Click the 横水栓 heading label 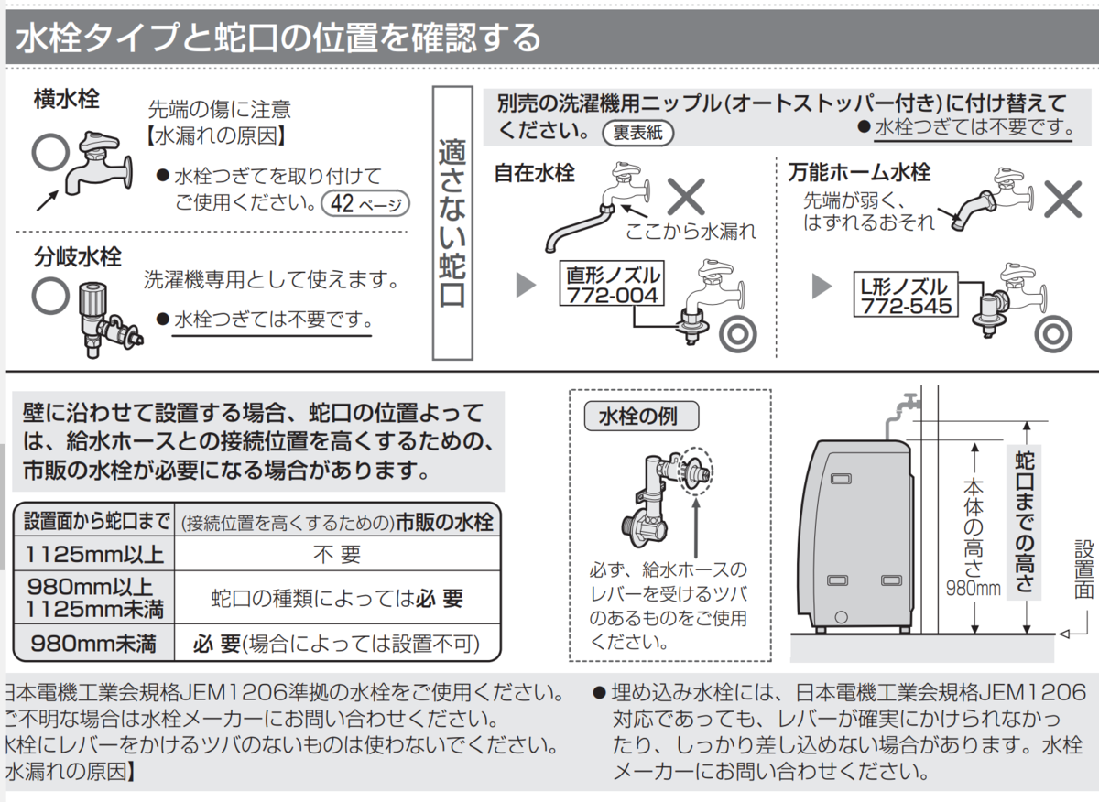67,98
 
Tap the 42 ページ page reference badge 366,203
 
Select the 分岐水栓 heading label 78,257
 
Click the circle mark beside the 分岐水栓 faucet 50,294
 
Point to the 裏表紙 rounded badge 638,133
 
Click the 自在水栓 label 535,172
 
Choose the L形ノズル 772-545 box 906,295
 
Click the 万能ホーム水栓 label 859,172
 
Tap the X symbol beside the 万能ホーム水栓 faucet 1063,197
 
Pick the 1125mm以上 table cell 93,554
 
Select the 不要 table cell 337,554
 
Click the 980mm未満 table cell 93,642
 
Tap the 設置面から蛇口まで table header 93,522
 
